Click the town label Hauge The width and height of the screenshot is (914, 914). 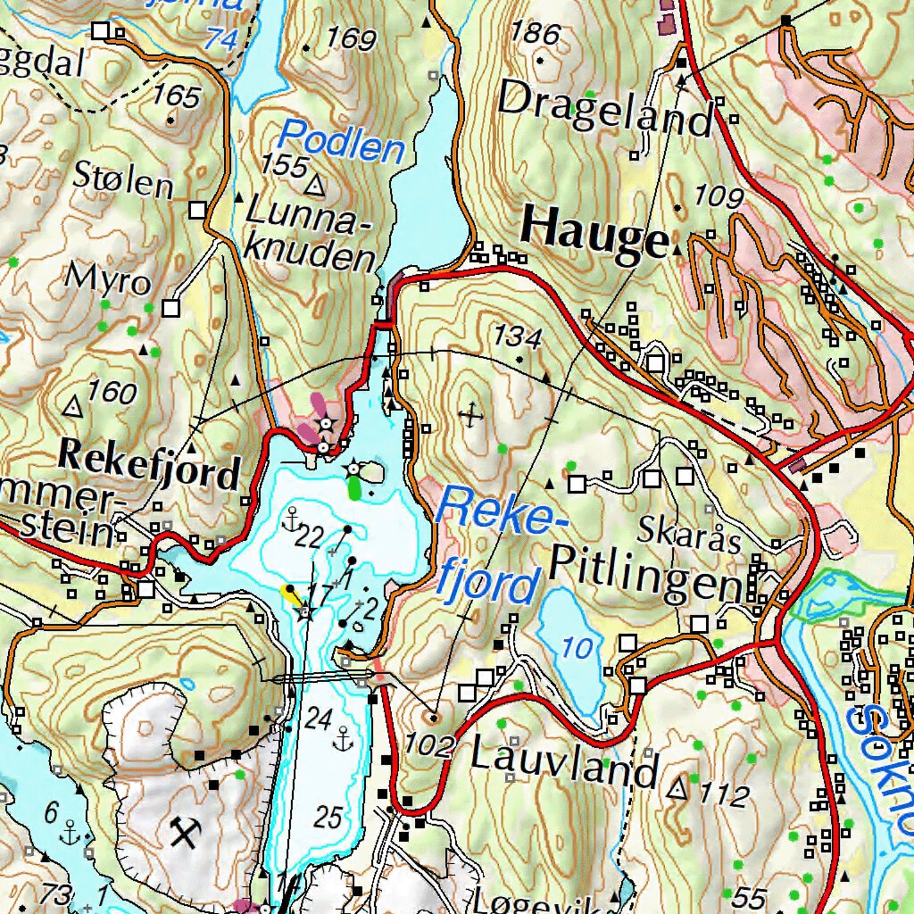click(x=594, y=234)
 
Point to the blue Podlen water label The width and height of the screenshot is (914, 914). click(x=342, y=142)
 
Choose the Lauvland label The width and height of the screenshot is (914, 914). click(x=564, y=764)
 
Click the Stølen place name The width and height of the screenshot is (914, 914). click(x=123, y=183)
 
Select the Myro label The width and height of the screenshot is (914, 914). click(x=109, y=279)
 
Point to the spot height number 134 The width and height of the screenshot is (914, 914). click(x=519, y=338)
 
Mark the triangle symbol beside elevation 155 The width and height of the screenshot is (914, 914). click(x=315, y=186)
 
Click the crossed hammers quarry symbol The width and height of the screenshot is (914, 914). click(x=186, y=835)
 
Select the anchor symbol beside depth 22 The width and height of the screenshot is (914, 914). click(x=291, y=517)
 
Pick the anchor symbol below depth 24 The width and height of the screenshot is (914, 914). click(x=341, y=737)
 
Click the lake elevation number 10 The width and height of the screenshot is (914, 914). click(x=578, y=648)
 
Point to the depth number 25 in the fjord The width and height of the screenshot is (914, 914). click(x=328, y=816)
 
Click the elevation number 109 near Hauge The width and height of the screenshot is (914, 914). click(x=719, y=195)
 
